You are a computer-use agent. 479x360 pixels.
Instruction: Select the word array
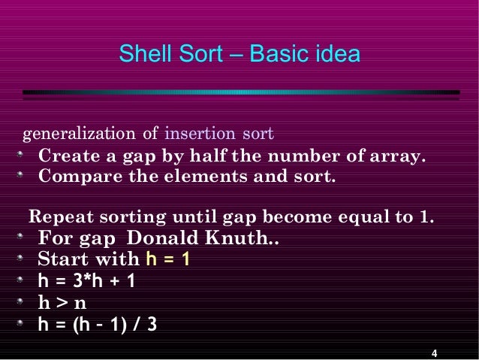[399, 158]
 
